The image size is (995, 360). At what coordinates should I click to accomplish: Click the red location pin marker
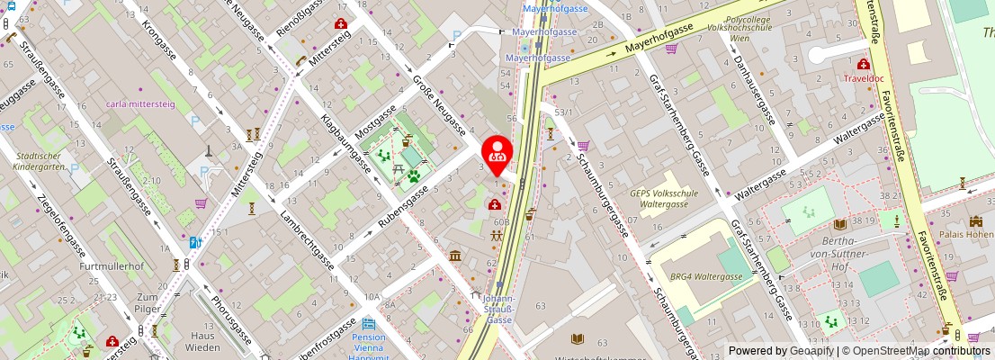click(497, 151)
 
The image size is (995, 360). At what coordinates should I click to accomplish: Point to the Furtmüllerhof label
click(112, 266)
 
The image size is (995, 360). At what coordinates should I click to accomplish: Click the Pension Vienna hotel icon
click(368, 324)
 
